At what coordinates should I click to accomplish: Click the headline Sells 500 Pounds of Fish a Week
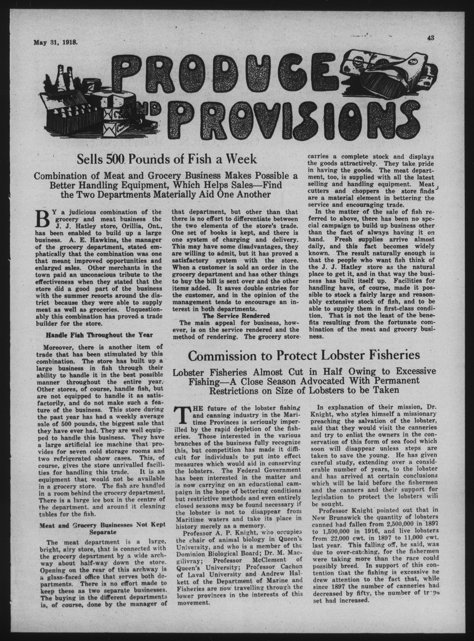pyautogui.click(x=167, y=159)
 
